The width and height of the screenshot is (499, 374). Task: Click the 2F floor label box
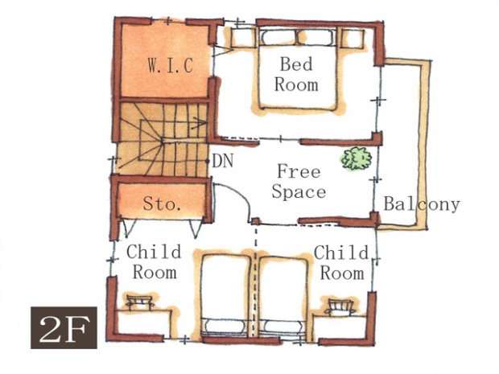pos(64,327)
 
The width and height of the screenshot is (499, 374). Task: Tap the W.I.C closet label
pos(171,65)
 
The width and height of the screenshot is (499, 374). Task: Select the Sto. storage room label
pos(163,203)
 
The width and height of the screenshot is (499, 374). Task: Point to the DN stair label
pos(223,161)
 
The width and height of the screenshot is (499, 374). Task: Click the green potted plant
pos(357,158)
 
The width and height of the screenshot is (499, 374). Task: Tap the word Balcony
pos(422,203)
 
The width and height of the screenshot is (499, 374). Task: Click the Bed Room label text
pos(296,75)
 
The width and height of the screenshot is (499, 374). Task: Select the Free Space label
pos(299,181)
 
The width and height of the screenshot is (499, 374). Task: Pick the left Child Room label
pos(155,261)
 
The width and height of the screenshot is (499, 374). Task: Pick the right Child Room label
pos(342,262)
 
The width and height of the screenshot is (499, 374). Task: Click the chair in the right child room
pos(341,306)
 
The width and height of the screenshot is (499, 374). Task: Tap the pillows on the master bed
pos(297,38)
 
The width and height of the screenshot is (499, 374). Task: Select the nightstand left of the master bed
pos(243,38)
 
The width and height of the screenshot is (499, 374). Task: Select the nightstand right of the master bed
pos(353,39)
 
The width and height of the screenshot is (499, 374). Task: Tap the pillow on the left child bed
pos(225,327)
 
